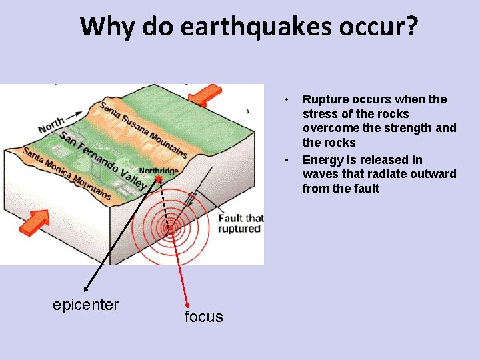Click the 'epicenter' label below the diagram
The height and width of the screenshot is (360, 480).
click(85, 305)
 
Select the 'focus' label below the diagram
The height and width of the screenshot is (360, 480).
click(203, 317)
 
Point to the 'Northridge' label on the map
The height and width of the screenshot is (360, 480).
click(158, 171)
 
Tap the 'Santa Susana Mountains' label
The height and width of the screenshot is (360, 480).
click(143, 129)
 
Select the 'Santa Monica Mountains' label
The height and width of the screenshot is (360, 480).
click(67, 173)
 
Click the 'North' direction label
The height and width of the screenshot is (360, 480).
click(52, 125)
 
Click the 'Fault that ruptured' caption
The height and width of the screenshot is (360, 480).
click(241, 223)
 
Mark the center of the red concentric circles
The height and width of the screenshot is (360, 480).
click(170, 227)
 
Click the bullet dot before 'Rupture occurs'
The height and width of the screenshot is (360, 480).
click(286, 100)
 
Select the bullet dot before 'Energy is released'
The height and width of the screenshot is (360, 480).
click(286, 160)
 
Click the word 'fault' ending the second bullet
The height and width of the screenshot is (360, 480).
click(366, 189)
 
